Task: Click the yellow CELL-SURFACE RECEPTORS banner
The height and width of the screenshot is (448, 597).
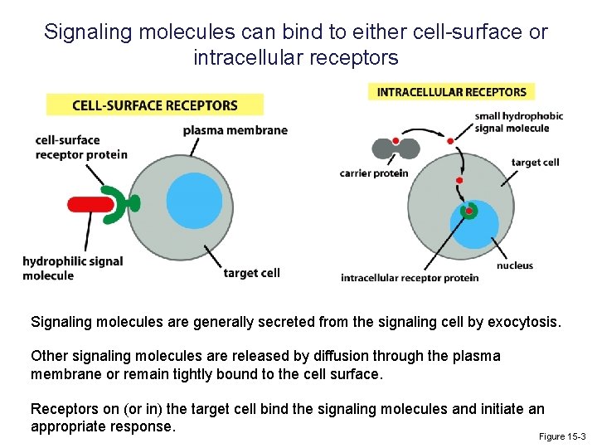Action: pos(155,105)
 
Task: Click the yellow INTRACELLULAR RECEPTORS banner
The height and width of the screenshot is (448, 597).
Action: pos(451,92)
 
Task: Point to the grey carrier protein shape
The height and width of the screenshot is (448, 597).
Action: pos(396,149)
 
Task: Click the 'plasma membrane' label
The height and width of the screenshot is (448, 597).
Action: pos(235,130)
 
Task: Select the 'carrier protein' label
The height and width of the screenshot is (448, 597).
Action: pos(374,173)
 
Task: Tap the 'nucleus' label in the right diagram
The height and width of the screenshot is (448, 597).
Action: pos(514,265)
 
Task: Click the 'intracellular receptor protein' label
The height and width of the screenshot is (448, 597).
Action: pos(410,278)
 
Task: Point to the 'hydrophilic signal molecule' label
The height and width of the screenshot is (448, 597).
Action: pos(72,268)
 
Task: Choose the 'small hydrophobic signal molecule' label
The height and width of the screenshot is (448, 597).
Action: pos(519,122)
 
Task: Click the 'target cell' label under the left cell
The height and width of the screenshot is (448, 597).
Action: pos(251,272)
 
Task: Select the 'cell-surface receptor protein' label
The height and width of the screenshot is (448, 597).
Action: pos(80,147)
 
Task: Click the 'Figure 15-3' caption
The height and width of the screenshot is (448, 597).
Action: pos(561,436)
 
